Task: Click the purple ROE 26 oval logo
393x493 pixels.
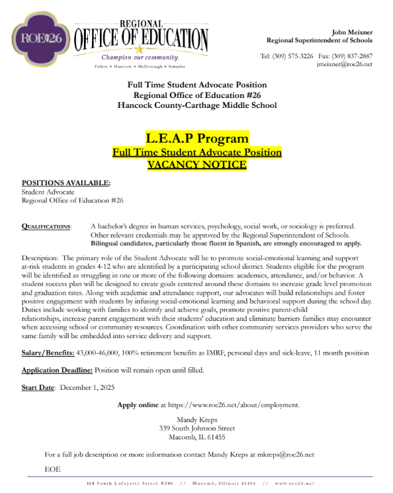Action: [x=41, y=38]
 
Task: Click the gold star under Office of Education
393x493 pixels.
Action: [x=138, y=49]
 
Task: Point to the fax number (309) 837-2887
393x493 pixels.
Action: [x=354, y=56]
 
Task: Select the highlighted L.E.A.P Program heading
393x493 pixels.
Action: [x=197, y=138]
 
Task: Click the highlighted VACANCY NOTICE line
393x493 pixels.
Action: [x=196, y=164]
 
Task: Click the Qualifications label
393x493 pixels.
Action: [x=47, y=226]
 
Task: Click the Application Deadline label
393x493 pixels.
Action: [x=58, y=371]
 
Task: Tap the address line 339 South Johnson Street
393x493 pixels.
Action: [x=197, y=428]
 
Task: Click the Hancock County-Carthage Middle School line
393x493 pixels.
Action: [x=196, y=105]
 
